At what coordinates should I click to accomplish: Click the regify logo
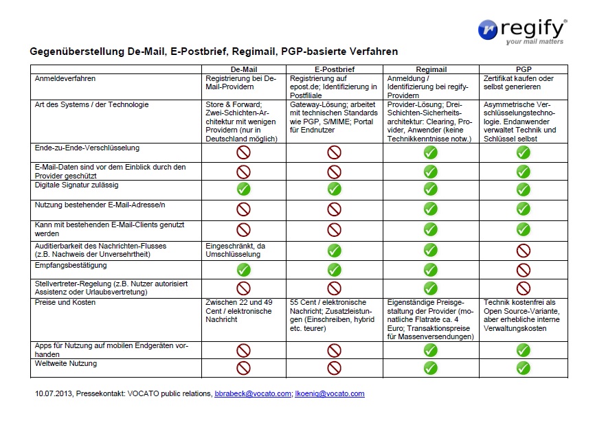pos(522,31)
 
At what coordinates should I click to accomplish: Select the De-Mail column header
pos(244,69)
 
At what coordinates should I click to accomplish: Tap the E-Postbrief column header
pos(335,69)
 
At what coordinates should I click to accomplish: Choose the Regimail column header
pos(431,69)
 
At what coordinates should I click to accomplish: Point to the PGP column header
pos(524,69)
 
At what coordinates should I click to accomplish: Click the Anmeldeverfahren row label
pos(65,78)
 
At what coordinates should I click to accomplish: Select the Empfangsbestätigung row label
pos(71,266)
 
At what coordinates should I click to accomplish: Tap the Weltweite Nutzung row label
pos(66,364)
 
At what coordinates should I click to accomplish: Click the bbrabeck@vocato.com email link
pos(253,393)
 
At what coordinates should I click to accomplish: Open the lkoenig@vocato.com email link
pos(330,393)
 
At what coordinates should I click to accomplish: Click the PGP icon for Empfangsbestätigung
pos(524,270)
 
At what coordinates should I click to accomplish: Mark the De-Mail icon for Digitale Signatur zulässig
pos(243,189)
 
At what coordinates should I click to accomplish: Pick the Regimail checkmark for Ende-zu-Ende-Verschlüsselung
pos(431,152)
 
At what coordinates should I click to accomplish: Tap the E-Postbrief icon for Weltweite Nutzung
pos(335,368)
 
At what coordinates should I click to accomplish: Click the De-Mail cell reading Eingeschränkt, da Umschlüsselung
pos(236,250)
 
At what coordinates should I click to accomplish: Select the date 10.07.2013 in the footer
pos(54,393)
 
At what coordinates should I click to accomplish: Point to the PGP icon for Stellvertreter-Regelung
pos(524,288)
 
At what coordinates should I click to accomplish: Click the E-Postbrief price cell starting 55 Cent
pos(333,315)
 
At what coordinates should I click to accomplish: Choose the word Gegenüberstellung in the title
pos(77,51)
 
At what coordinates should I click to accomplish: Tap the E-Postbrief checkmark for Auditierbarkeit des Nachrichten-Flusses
pos(335,251)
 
